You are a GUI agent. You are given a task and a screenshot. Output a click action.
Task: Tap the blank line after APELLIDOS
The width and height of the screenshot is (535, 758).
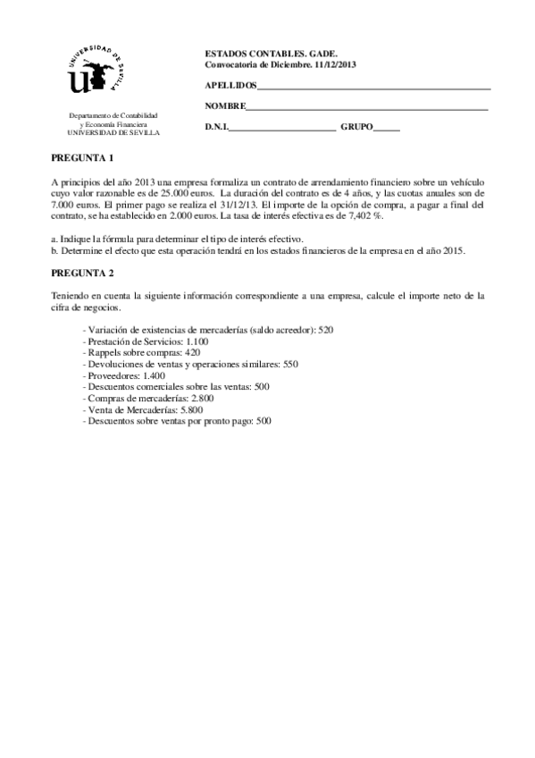click(x=373, y=87)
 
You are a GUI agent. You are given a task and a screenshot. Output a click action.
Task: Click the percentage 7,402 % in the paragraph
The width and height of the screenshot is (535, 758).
click(x=365, y=216)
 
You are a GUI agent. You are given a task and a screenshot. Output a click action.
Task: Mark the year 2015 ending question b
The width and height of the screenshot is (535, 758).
click(x=451, y=250)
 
